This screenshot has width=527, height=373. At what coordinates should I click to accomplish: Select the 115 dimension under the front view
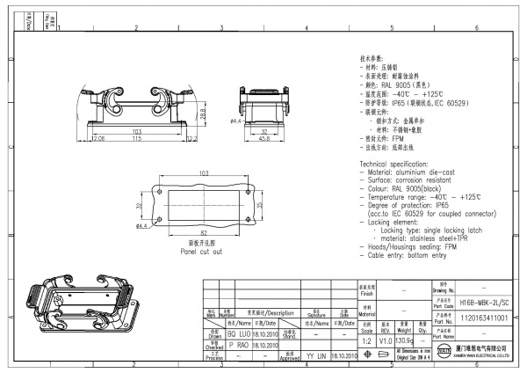[x=136, y=138]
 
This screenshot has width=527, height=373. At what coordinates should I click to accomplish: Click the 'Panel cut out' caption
[x=201, y=251]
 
